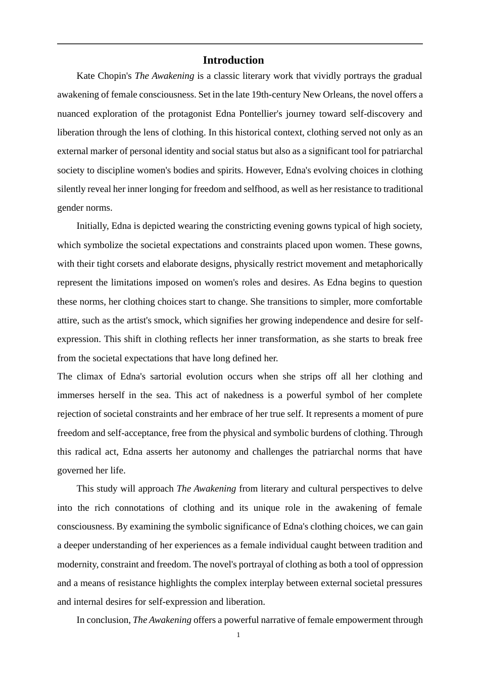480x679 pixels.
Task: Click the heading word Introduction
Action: point(233,60)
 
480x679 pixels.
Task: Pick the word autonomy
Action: point(211,452)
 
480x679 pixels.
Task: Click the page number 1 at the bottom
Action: point(238,635)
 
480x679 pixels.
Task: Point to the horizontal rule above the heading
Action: point(239,44)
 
